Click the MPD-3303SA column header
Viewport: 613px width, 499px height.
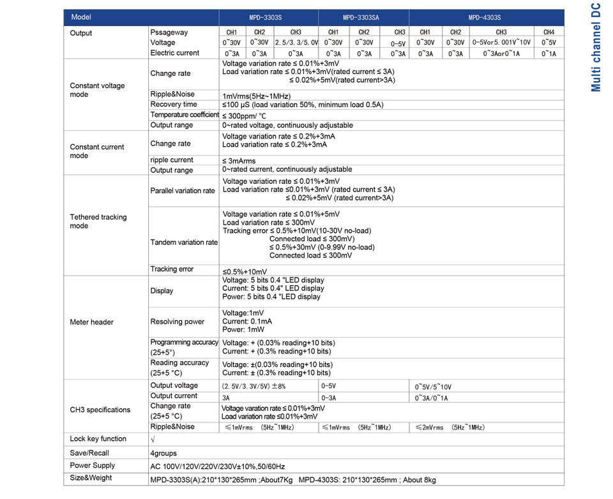coord(361,18)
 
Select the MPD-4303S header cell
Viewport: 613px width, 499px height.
coord(485,18)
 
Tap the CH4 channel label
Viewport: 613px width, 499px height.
coord(549,32)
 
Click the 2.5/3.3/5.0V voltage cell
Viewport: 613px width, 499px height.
coord(296,42)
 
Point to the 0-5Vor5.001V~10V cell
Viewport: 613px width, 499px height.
coord(501,42)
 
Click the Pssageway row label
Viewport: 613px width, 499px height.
coord(169,32)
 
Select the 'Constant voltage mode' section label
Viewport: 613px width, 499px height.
coord(97,90)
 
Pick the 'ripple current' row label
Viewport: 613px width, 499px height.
coord(172,160)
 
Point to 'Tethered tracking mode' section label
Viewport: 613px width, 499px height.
coord(98,221)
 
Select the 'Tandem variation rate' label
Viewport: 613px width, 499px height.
coord(184,242)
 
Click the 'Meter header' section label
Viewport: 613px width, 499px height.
coord(92,322)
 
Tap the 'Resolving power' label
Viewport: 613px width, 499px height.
coord(178,322)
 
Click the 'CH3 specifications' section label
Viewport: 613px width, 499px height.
coord(100,410)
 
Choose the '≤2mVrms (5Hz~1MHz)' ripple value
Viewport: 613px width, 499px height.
coord(450,428)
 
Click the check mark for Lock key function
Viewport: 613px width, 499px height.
coord(152,439)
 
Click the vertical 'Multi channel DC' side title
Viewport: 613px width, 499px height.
coord(595,48)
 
